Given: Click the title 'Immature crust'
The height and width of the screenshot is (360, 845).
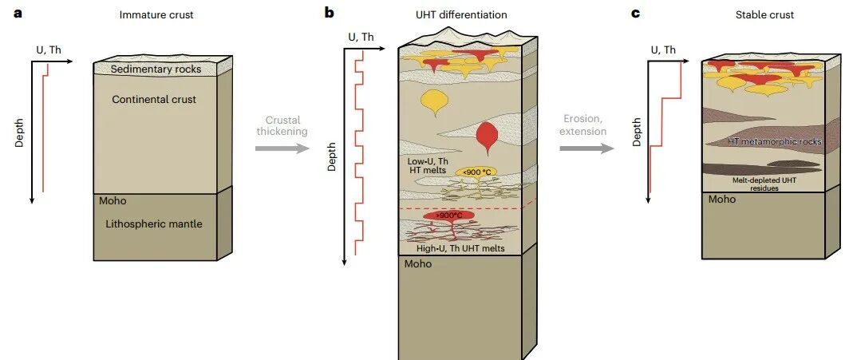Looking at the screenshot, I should tap(156, 15).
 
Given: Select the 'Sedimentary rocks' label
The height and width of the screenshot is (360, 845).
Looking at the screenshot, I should tap(156, 69).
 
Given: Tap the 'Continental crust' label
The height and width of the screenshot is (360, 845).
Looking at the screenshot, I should tap(154, 100).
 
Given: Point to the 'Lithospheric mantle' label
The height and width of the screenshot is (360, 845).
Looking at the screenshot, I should tap(154, 224).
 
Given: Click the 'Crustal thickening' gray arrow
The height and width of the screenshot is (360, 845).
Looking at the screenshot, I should tap(282, 148).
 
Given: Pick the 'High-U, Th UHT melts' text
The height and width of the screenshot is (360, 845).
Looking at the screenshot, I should tap(459, 249).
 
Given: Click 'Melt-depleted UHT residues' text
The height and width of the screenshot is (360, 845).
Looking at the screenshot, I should tap(765, 184).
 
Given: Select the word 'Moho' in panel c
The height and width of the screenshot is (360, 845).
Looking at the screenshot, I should tap(723, 199).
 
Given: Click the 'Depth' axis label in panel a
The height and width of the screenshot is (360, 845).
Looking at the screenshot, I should tap(20, 133).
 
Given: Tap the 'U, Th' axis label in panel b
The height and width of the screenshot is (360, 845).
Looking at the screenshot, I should tap(361, 37).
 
